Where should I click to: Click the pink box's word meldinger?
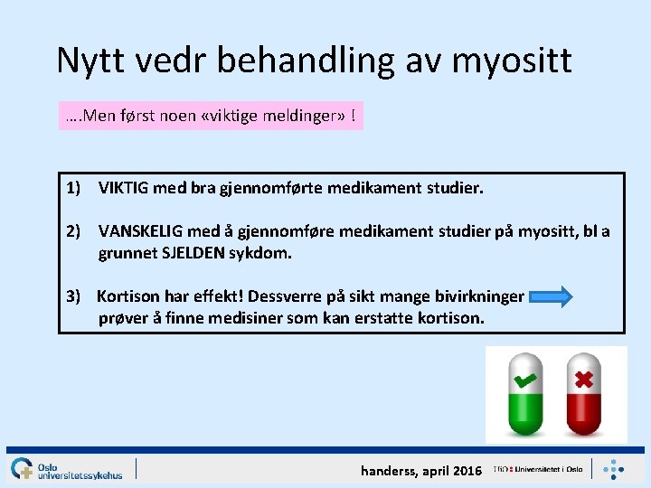point(303,117)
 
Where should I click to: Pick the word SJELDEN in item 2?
point(196,254)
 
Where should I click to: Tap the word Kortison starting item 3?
point(127,296)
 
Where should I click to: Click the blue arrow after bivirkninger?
point(551,296)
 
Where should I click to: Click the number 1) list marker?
point(75,189)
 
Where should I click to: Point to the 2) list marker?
point(75,232)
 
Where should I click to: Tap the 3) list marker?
point(75,296)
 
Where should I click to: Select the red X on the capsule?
point(584,379)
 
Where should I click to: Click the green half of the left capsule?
point(524,413)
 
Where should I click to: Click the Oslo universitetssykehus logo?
point(67,468)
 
